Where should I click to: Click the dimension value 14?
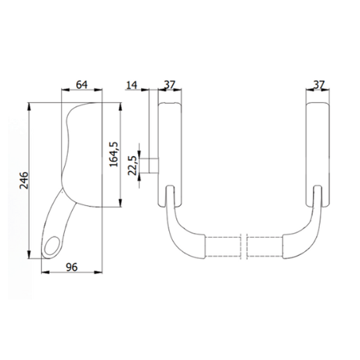(133, 86)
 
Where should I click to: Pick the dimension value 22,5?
(131, 164)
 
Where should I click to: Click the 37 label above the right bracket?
(318, 86)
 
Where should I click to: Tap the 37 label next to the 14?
(169, 86)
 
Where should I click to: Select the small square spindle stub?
(152, 164)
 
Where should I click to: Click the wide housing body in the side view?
(84, 156)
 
